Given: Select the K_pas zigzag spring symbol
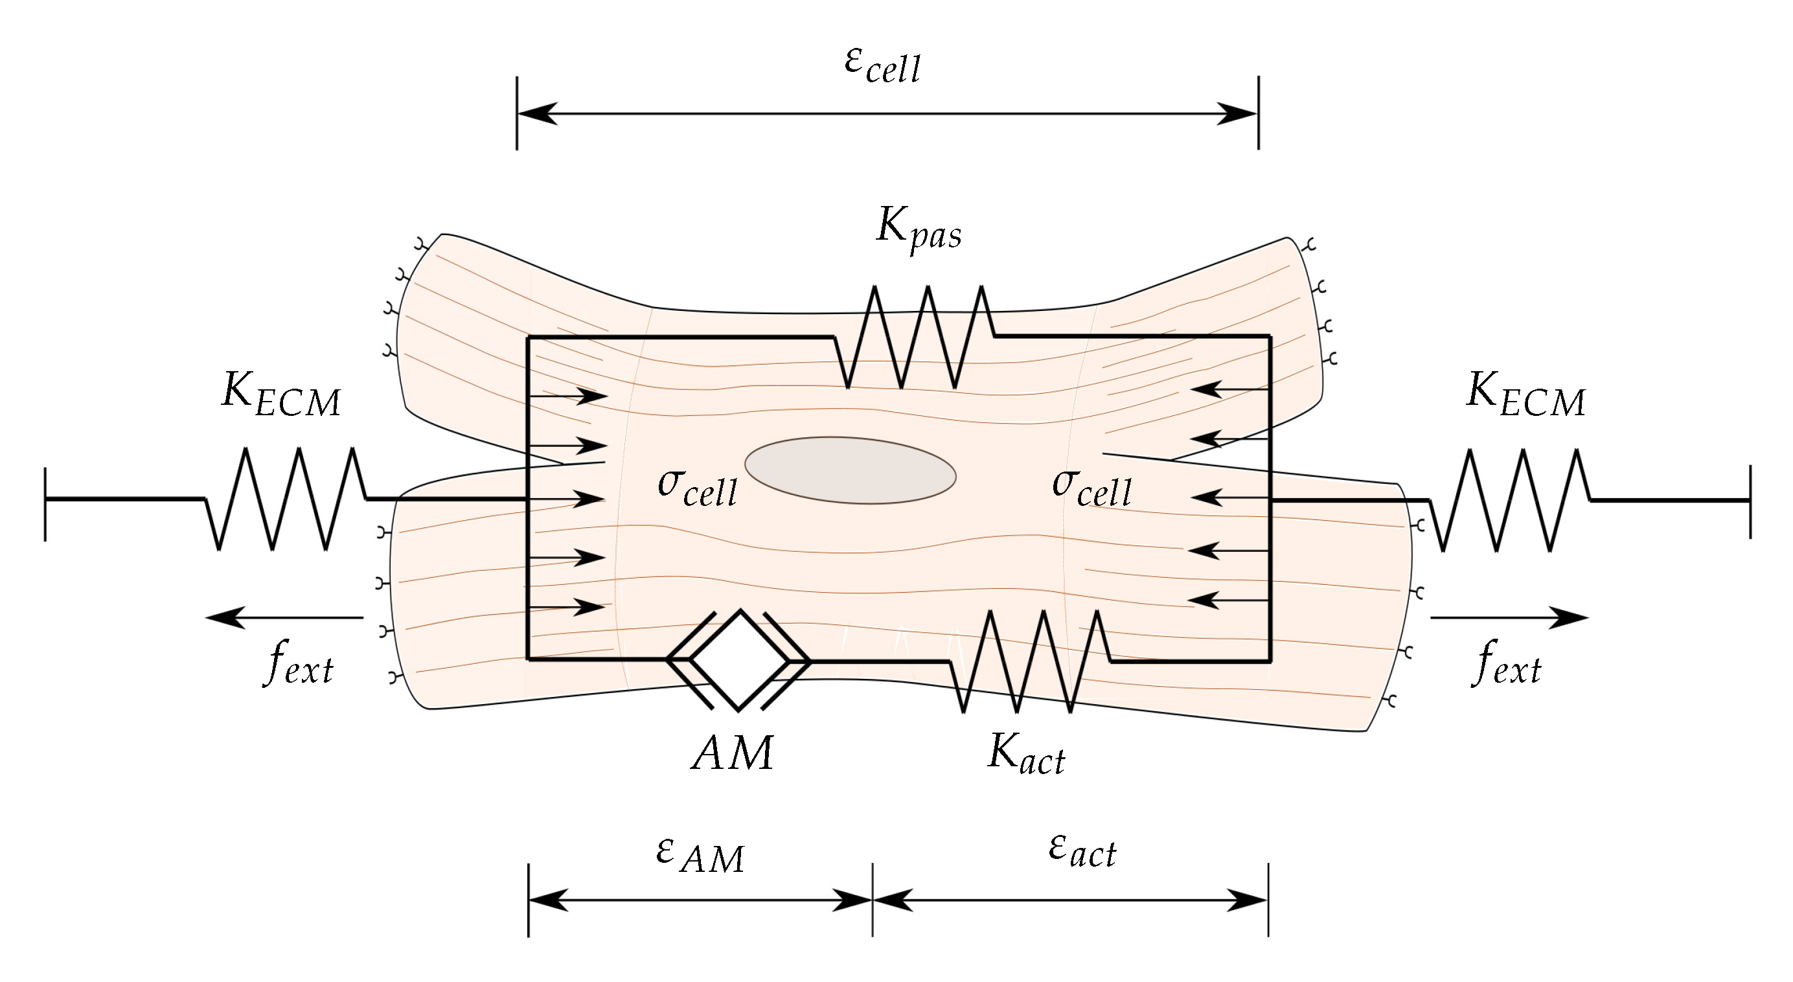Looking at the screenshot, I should tap(915, 337).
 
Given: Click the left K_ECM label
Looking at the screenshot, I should tap(281, 394).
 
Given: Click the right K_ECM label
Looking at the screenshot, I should tap(1525, 394).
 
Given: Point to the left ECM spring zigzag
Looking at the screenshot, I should tap(286, 499).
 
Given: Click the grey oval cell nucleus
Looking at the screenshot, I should tap(850, 470).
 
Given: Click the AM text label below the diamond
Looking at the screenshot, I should tap(732, 753).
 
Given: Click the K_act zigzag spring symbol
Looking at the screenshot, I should tap(1030, 661).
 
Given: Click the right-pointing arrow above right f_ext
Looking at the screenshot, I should tap(1509, 617).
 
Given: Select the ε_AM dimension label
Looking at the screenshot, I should tap(700, 854).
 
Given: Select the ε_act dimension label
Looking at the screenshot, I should tap(1082, 851).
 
